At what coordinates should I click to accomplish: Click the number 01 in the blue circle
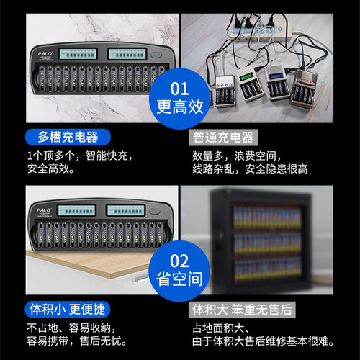pos(179,89)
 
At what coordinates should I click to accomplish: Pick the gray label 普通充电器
pos(225,137)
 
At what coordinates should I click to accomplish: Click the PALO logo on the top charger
pos(45,52)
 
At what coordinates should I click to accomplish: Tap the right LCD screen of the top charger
pos(127,54)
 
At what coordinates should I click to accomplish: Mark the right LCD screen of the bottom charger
pos(127,212)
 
